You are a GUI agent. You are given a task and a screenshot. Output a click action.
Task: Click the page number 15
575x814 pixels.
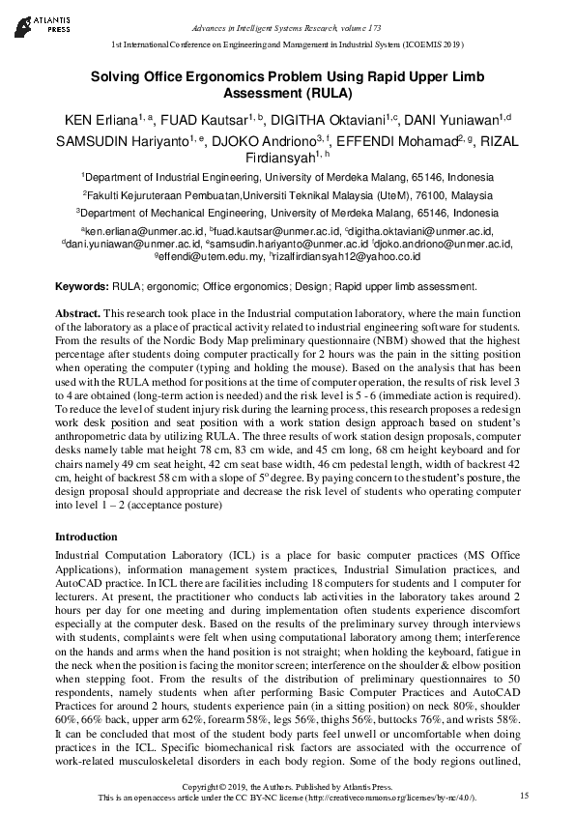click(x=525, y=795)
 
